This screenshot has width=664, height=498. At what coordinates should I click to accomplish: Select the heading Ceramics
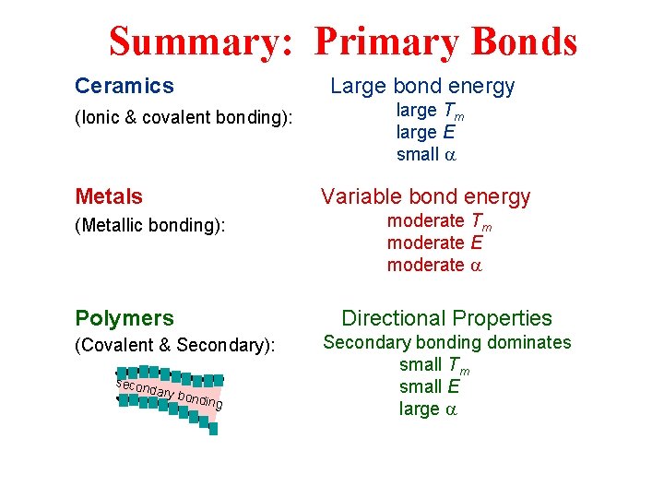[x=124, y=87]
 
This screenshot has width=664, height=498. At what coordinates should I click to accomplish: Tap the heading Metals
[x=109, y=196]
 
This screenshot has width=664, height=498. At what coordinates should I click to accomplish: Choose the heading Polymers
[x=124, y=318]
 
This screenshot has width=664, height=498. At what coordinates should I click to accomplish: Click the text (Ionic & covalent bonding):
[x=184, y=117]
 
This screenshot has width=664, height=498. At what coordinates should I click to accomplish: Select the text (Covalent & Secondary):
[x=175, y=345]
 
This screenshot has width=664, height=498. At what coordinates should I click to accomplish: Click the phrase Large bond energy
[x=422, y=87]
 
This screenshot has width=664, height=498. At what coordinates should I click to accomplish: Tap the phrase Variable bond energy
[x=425, y=196]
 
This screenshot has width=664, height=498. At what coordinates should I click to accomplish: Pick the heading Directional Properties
[x=446, y=318]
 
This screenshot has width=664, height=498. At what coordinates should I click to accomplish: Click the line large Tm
[x=430, y=112]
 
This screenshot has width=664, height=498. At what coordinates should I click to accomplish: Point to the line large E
[x=425, y=132]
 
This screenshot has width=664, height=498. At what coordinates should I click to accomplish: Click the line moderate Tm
[x=439, y=222]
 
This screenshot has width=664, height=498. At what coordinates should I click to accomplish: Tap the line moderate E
[x=434, y=243]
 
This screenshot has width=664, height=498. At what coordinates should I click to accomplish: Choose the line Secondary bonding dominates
[x=446, y=342]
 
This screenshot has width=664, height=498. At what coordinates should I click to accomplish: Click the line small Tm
[x=434, y=365]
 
